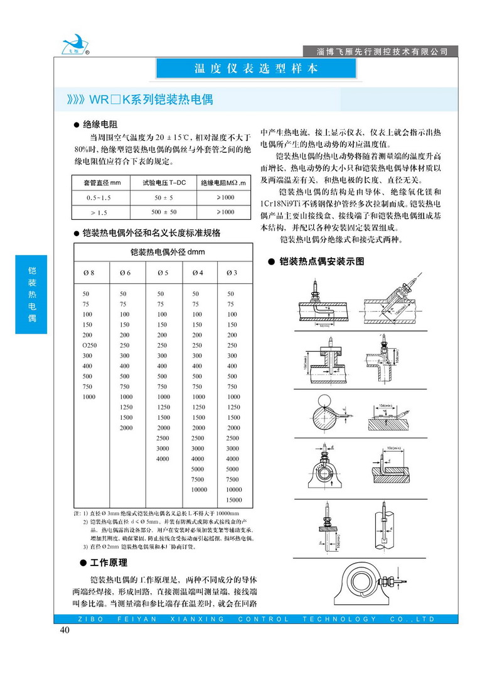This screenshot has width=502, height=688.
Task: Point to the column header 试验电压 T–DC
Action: (x=164, y=183)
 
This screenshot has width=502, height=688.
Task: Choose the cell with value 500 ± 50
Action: (x=164, y=212)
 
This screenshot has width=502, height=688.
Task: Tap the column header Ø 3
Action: (x=232, y=272)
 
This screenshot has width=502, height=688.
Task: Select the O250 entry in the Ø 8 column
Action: (x=90, y=346)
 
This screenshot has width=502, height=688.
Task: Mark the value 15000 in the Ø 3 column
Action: (x=234, y=500)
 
